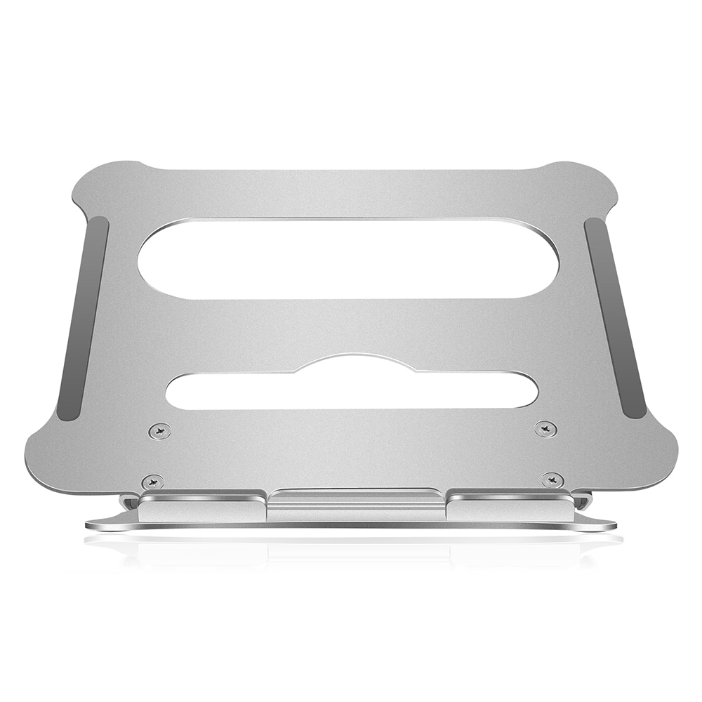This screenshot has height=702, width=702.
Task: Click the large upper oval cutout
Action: tap(347, 258)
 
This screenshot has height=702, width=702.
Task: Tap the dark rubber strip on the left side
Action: tap(83, 319)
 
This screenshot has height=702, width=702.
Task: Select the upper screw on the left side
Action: tap(161, 430)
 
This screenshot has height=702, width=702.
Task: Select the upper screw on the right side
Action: tap(545, 428)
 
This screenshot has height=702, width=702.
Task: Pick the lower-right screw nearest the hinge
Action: tap(552, 480)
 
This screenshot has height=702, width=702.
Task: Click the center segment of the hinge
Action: tap(357, 505)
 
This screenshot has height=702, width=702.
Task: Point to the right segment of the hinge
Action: tap(509, 507)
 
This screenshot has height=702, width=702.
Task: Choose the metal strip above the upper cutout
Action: tap(351, 193)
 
